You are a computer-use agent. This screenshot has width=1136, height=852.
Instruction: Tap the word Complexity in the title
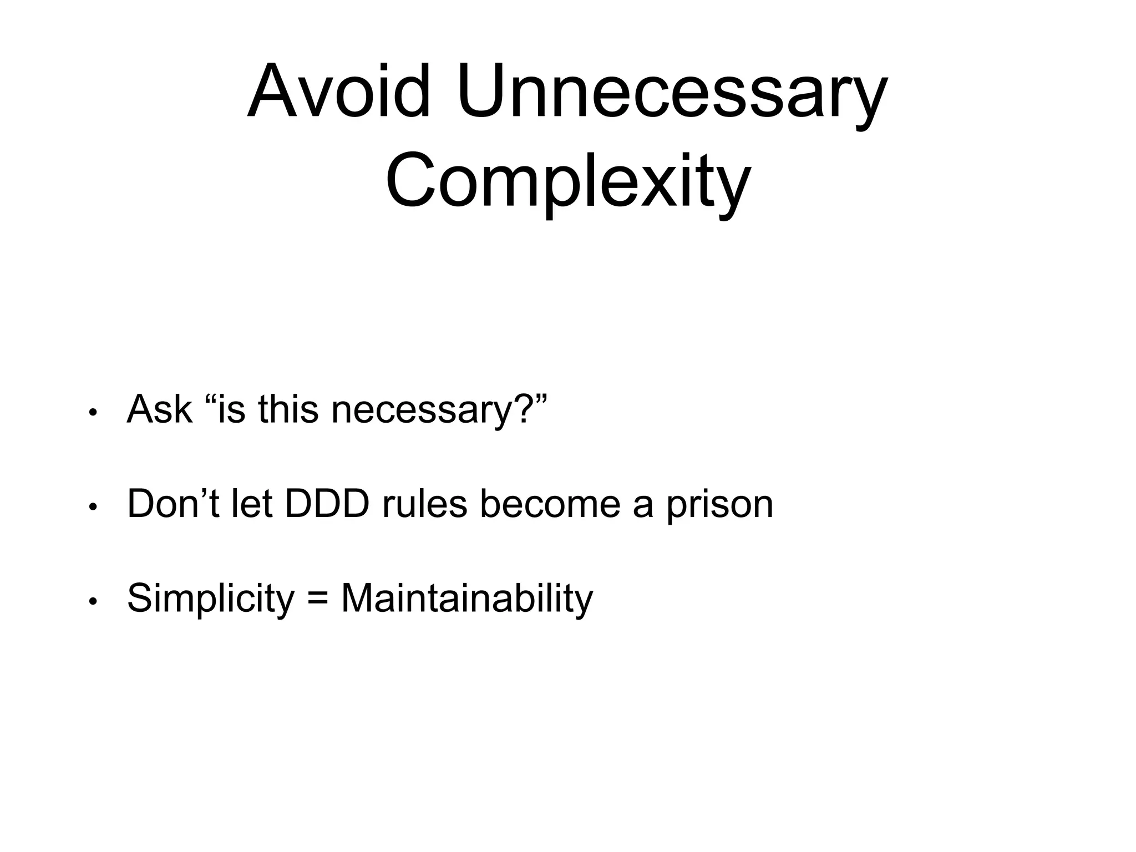click(568, 181)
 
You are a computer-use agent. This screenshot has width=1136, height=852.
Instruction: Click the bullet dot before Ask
click(93, 413)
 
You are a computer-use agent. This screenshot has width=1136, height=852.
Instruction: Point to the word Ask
click(160, 409)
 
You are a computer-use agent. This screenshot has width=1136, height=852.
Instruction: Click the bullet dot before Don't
click(93, 507)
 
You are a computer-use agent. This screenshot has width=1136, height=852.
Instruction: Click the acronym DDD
click(327, 504)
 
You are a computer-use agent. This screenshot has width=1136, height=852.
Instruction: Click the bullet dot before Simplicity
click(93, 601)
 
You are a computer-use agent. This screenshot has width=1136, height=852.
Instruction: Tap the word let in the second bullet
click(251, 504)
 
